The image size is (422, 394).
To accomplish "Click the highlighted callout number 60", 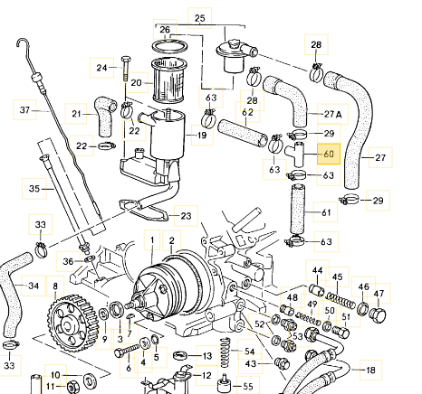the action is [x=329, y=154].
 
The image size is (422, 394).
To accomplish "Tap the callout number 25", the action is [x=200, y=18].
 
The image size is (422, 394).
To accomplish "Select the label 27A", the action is [x=333, y=114].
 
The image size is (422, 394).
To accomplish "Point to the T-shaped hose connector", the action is [x=296, y=154].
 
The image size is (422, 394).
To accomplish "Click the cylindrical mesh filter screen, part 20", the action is [x=169, y=80].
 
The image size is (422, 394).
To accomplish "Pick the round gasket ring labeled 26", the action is [x=169, y=46].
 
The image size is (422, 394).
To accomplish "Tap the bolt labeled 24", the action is [x=125, y=69].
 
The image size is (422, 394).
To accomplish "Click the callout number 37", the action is [x=24, y=110].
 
